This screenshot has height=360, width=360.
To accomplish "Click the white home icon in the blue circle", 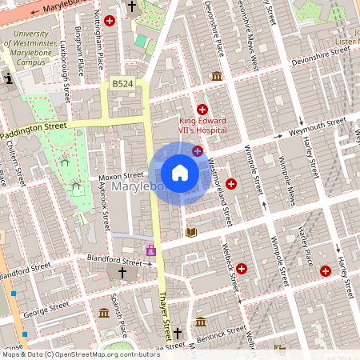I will (x=180, y=173).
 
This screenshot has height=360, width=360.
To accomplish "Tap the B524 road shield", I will (x=122, y=83).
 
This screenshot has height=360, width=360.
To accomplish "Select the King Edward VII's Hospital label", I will (x=202, y=125).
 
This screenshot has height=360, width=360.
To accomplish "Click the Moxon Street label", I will (x=121, y=175).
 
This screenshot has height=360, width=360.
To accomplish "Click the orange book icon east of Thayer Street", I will (x=190, y=232).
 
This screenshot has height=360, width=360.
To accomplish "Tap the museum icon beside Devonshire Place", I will (x=217, y=76).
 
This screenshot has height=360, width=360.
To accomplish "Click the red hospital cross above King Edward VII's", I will (x=202, y=109).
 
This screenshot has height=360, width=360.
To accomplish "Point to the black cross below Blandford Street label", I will (x=122, y=274).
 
